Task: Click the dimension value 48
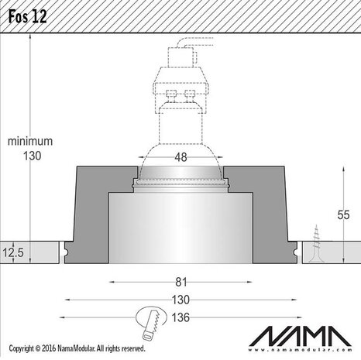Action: tap(180, 157)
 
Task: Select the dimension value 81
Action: tap(180, 283)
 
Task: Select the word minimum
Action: tap(29, 142)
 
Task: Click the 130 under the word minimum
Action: tap(29, 156)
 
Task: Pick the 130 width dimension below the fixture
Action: tap(180, 299)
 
